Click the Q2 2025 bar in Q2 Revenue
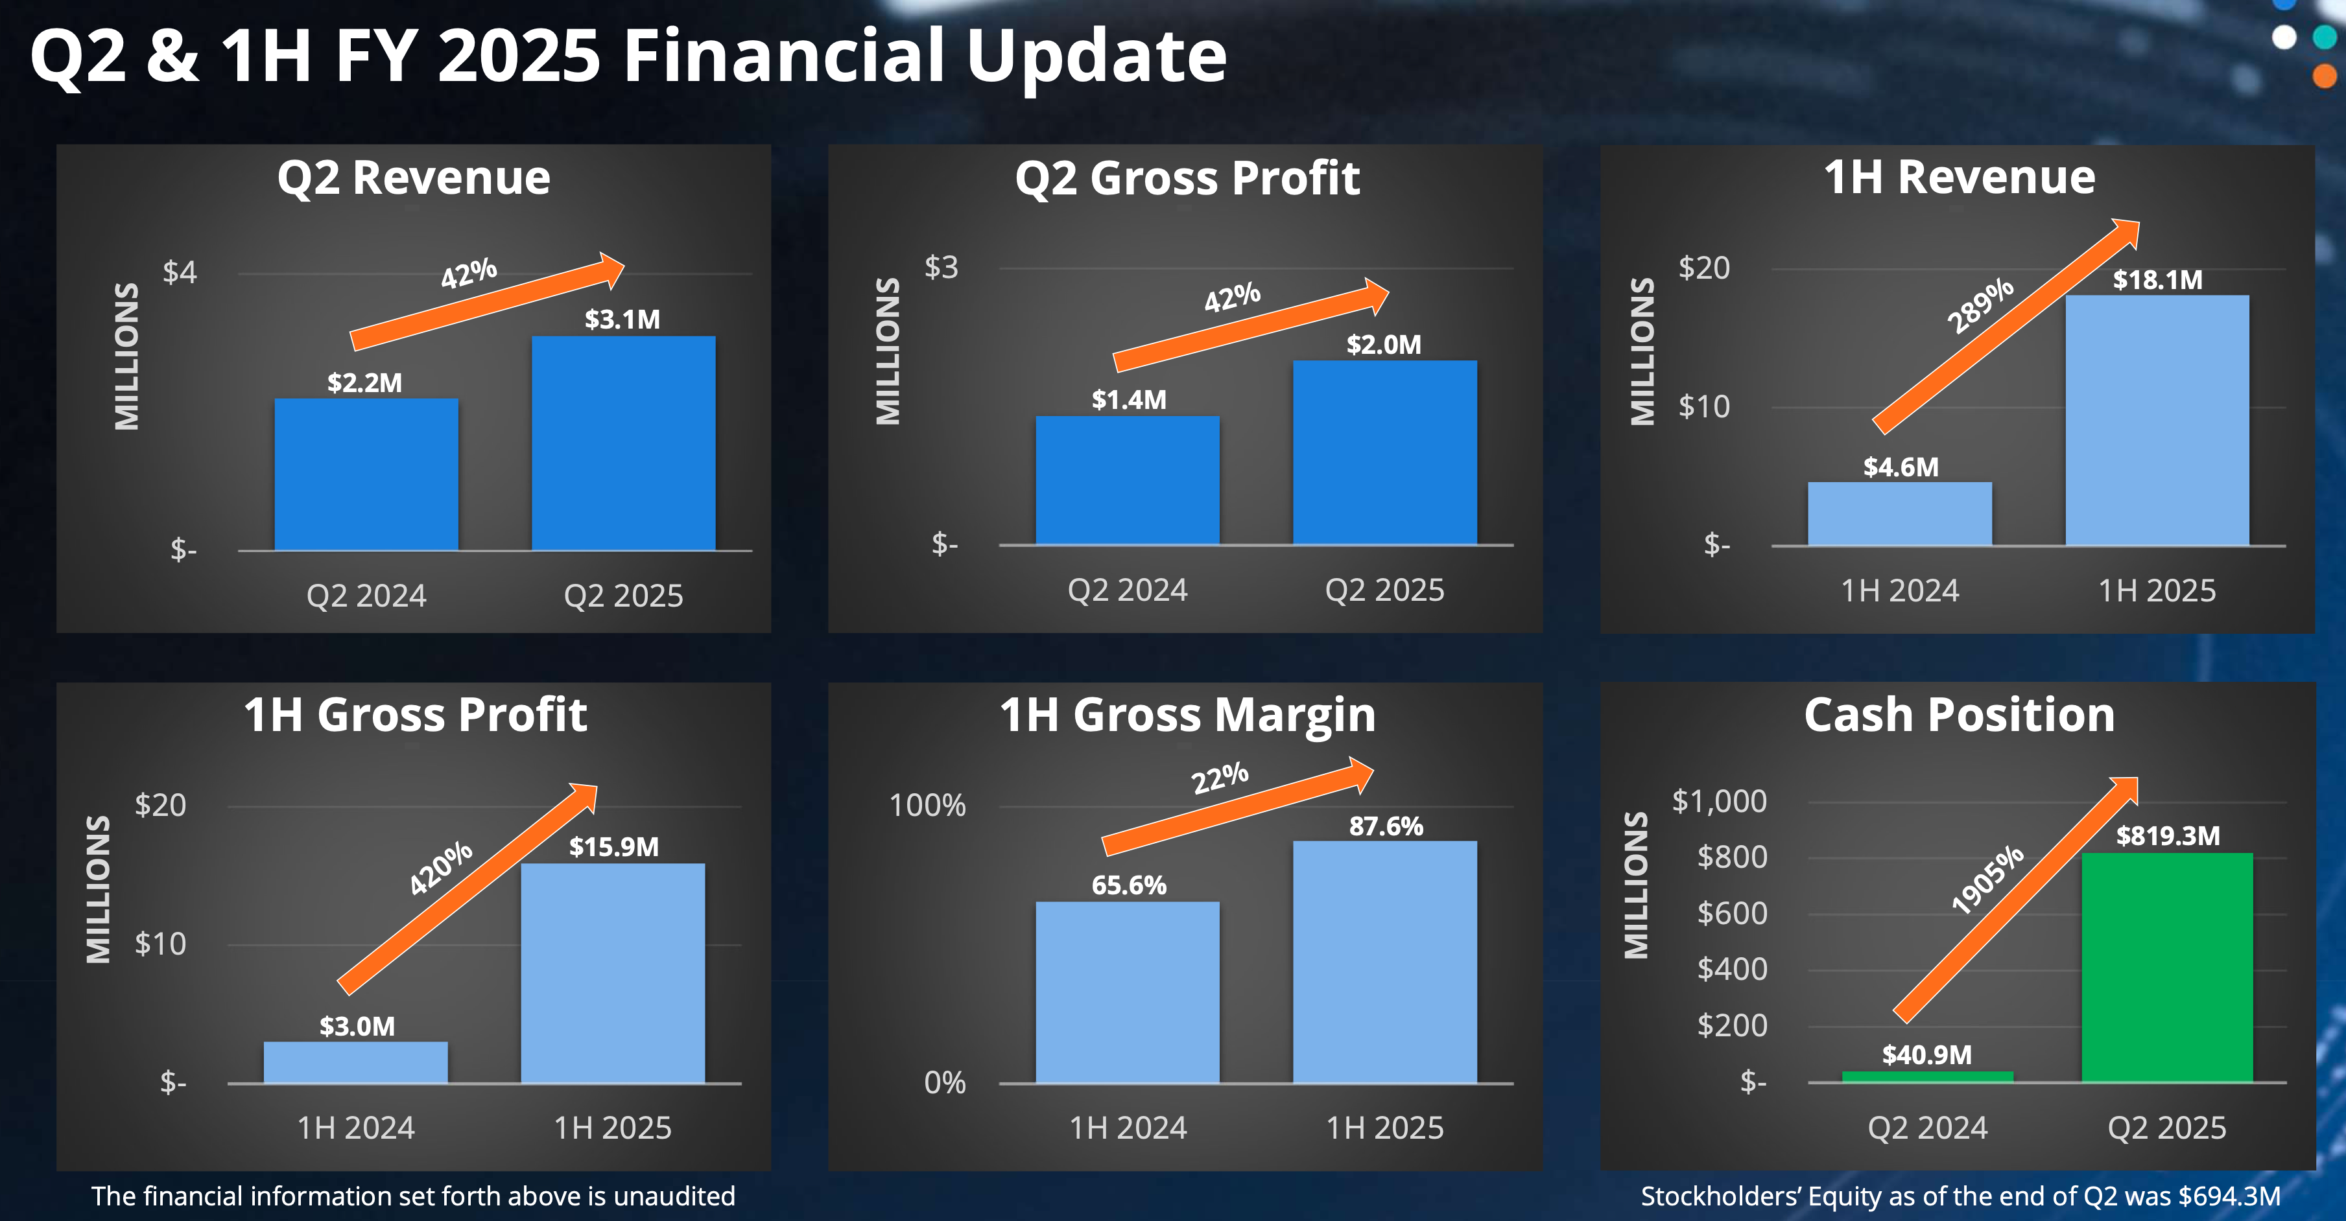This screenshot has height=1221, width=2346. (x=623, y=443)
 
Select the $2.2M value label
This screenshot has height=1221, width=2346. (x=364, y=382)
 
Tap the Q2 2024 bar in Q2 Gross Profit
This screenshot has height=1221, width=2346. (x=1128, y=481)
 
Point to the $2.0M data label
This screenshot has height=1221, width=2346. (x=1383, y=344)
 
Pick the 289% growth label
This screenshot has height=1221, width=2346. (x=1980, y=306)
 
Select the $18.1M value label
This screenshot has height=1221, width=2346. (x=2157, y=279)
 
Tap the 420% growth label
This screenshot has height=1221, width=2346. (x=441, y=868)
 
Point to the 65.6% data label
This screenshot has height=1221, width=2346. (x=1128, y=885)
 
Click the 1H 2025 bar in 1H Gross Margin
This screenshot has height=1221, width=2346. (x=1384, y=962)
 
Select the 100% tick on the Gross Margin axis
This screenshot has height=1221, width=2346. (x=927, y=805)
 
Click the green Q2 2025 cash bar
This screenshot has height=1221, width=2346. (x=2166, y=967)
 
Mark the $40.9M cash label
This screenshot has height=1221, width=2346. (x=1927, y=1054)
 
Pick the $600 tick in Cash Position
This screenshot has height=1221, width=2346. (x=1731, y=913)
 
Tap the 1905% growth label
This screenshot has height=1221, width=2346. (x=1987, y=879)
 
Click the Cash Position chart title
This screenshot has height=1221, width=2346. (x=1959, y=715)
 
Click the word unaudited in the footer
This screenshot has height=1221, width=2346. (x=674, y=1196)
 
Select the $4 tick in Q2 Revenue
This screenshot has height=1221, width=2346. (x=180, y=272)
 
